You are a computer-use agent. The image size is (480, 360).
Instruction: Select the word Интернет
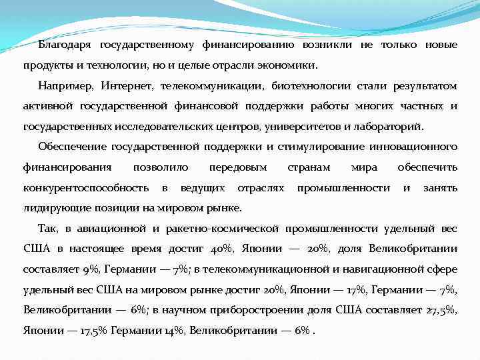pyautogui.click(x=126, y=87)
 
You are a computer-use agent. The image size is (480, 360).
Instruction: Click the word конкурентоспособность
pyautogui.click(x=86, y=188)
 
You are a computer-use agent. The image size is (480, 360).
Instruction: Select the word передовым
pyautogui.click(x=237, y=167)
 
